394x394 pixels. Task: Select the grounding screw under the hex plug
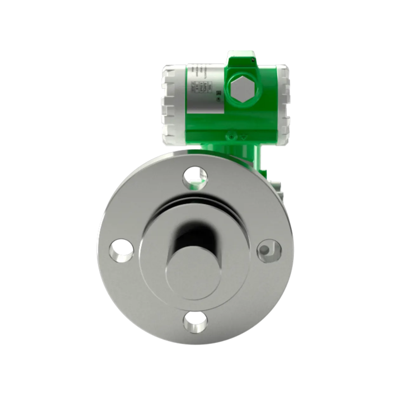click(x=231, y=137)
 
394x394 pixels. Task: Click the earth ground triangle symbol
click(x=244, y=137)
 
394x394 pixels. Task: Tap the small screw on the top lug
click(x=252, y=59)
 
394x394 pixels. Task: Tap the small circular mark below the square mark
click(x=217, y=99)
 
